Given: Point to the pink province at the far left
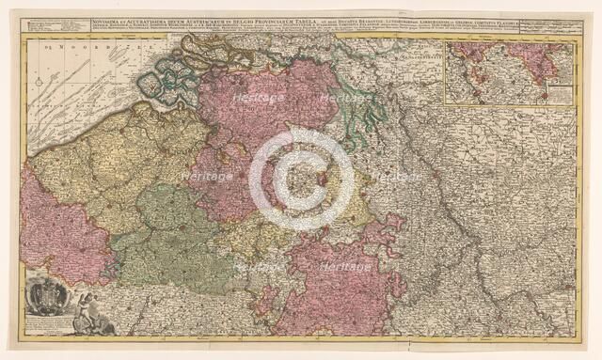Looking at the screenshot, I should coord(56,235).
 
